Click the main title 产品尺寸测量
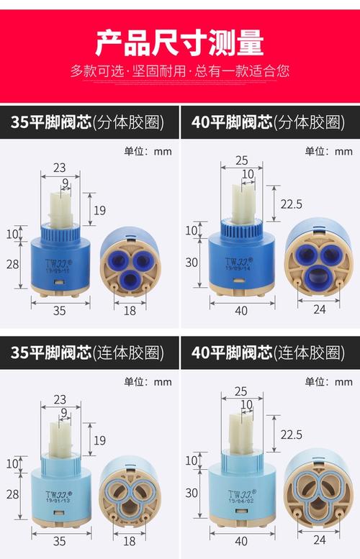(x=180, y=42)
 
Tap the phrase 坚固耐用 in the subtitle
(x=158, y=71)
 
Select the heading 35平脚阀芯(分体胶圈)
(x=87, y=122)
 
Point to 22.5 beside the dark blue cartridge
(x=291, y=204)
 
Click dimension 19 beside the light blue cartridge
(x=99, y=439)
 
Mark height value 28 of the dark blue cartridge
(x=12, y=263)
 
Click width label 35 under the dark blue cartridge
(x=60, y=310)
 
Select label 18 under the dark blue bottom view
(x=130, y=310)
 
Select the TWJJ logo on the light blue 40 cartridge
(x=238, y=495)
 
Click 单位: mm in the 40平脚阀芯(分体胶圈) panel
(x=328, y=151)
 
